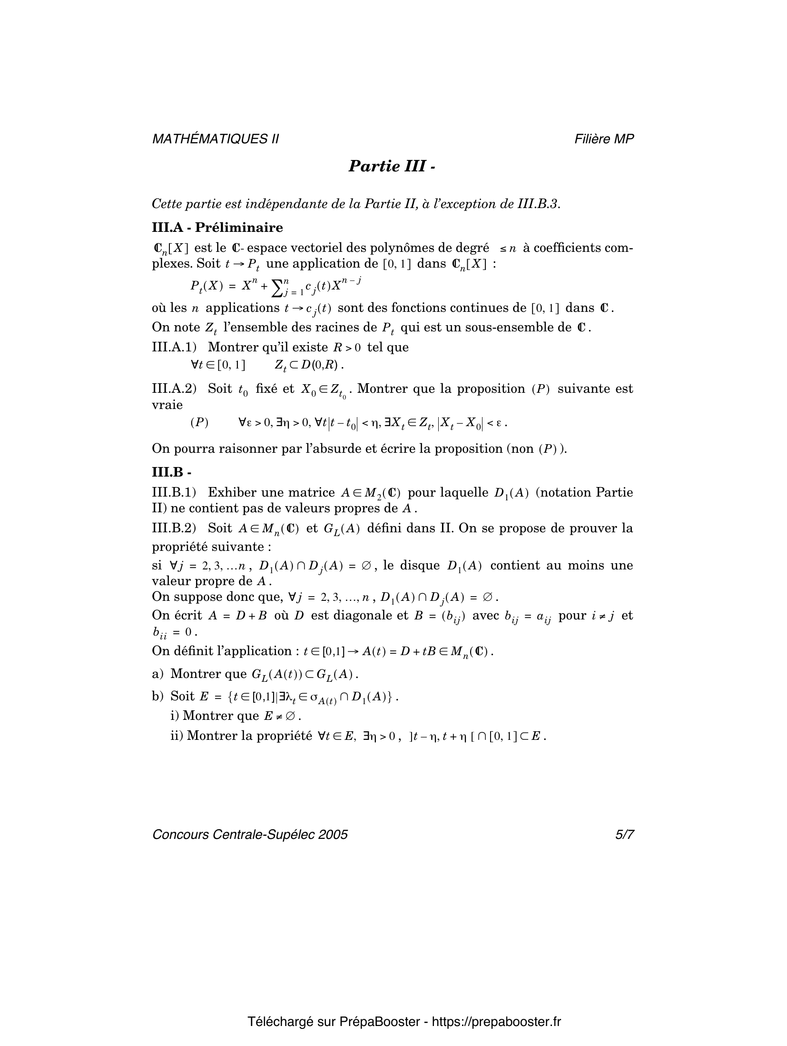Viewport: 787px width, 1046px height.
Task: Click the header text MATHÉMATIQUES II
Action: pyautogui.click(x=215, y=139)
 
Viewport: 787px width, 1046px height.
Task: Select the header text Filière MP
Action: pyautogui.click(x=604, y=139)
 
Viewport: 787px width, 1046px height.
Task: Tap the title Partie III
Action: pyautogui.click(x=391, y=166)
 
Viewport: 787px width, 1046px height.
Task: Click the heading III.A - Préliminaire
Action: pyautogui.click(x=217, y=228)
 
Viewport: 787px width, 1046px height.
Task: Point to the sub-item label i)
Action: pyautogui.click(x=175, y=716)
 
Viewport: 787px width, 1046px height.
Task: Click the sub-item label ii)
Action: pyautogui.click(x=177, y=736)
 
